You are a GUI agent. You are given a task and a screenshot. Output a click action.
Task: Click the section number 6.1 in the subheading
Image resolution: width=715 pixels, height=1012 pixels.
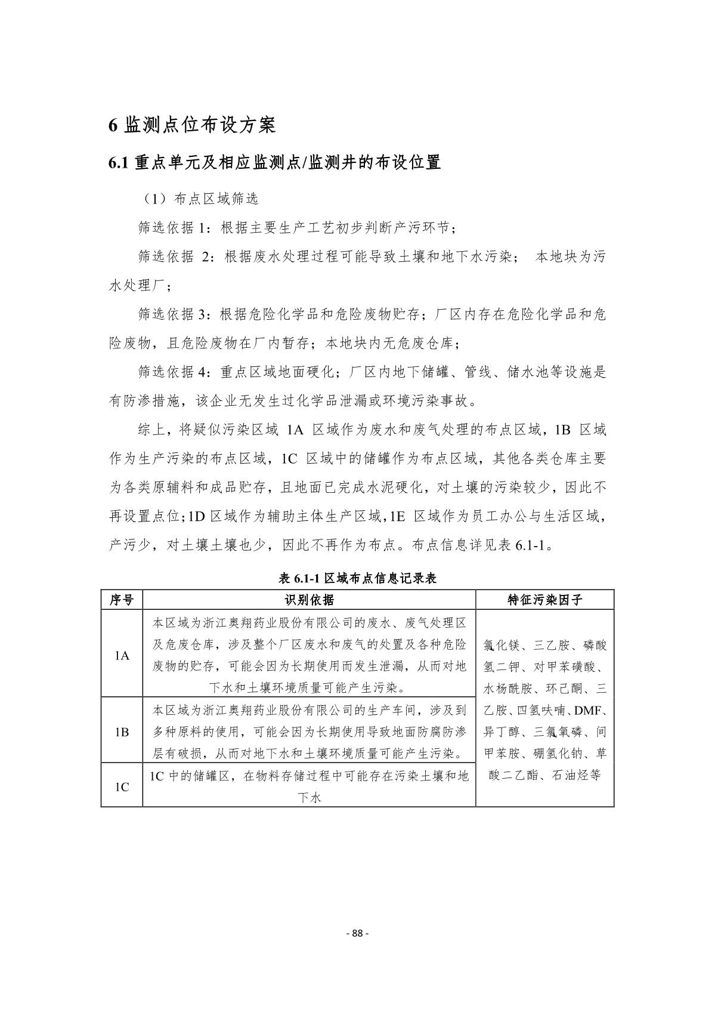click(119, 162)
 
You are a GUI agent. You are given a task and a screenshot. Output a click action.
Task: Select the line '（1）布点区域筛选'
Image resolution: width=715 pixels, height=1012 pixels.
click(199, 199)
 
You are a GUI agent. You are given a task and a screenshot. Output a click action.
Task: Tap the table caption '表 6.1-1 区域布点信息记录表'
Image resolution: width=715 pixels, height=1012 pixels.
click(358, 578)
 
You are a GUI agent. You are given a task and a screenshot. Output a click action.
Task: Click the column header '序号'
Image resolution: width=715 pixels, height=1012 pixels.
click(122, 600)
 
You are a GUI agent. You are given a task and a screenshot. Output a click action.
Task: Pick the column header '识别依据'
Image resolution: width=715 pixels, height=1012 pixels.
click(309, 600)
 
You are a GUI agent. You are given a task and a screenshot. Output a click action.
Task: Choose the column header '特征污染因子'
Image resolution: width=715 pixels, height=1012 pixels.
click(544, 600)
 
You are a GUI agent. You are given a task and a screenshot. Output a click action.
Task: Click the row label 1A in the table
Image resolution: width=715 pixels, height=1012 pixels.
click(122, 655)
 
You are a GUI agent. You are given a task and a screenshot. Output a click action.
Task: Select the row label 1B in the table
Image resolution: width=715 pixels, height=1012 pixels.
click(122, 732)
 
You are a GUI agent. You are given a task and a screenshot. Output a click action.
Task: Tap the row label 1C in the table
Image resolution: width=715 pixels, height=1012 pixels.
click(122, 787)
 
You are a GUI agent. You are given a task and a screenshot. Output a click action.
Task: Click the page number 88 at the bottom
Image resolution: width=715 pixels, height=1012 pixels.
click(357, 934)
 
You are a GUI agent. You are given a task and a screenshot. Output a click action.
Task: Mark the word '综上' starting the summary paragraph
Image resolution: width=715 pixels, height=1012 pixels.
click(151, 430)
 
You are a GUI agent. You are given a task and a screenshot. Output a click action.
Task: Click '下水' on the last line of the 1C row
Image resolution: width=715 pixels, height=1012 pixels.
click(309, 797)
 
